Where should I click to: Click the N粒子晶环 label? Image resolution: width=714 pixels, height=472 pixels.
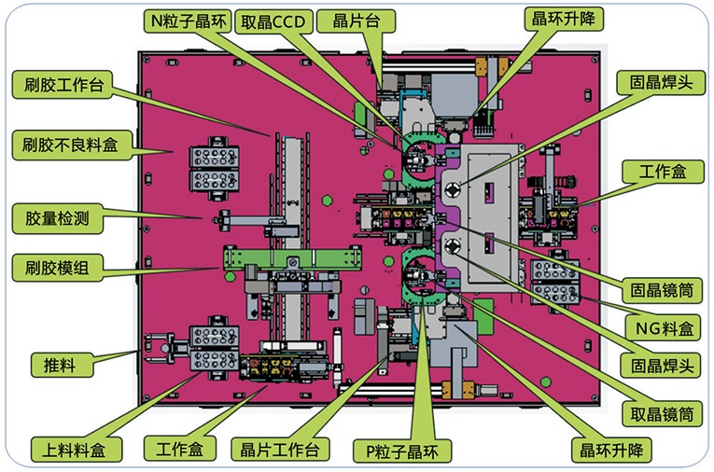[188, 21]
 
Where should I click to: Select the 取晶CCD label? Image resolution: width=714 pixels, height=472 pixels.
[273, 21]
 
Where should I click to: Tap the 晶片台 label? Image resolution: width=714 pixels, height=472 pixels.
[357, 21]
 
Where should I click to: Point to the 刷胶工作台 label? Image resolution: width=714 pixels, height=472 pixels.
[63, 85]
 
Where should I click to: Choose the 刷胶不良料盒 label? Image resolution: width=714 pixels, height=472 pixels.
[72, 145]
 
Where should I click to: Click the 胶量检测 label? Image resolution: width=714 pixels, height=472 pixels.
[57, 218]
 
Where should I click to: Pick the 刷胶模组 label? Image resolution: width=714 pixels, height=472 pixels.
[57, 268]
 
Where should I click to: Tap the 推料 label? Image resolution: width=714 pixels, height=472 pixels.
[62, 365]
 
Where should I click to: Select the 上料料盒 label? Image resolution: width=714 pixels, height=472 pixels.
[76, 450]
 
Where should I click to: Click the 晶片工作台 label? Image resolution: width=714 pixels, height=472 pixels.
[280, 450]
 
